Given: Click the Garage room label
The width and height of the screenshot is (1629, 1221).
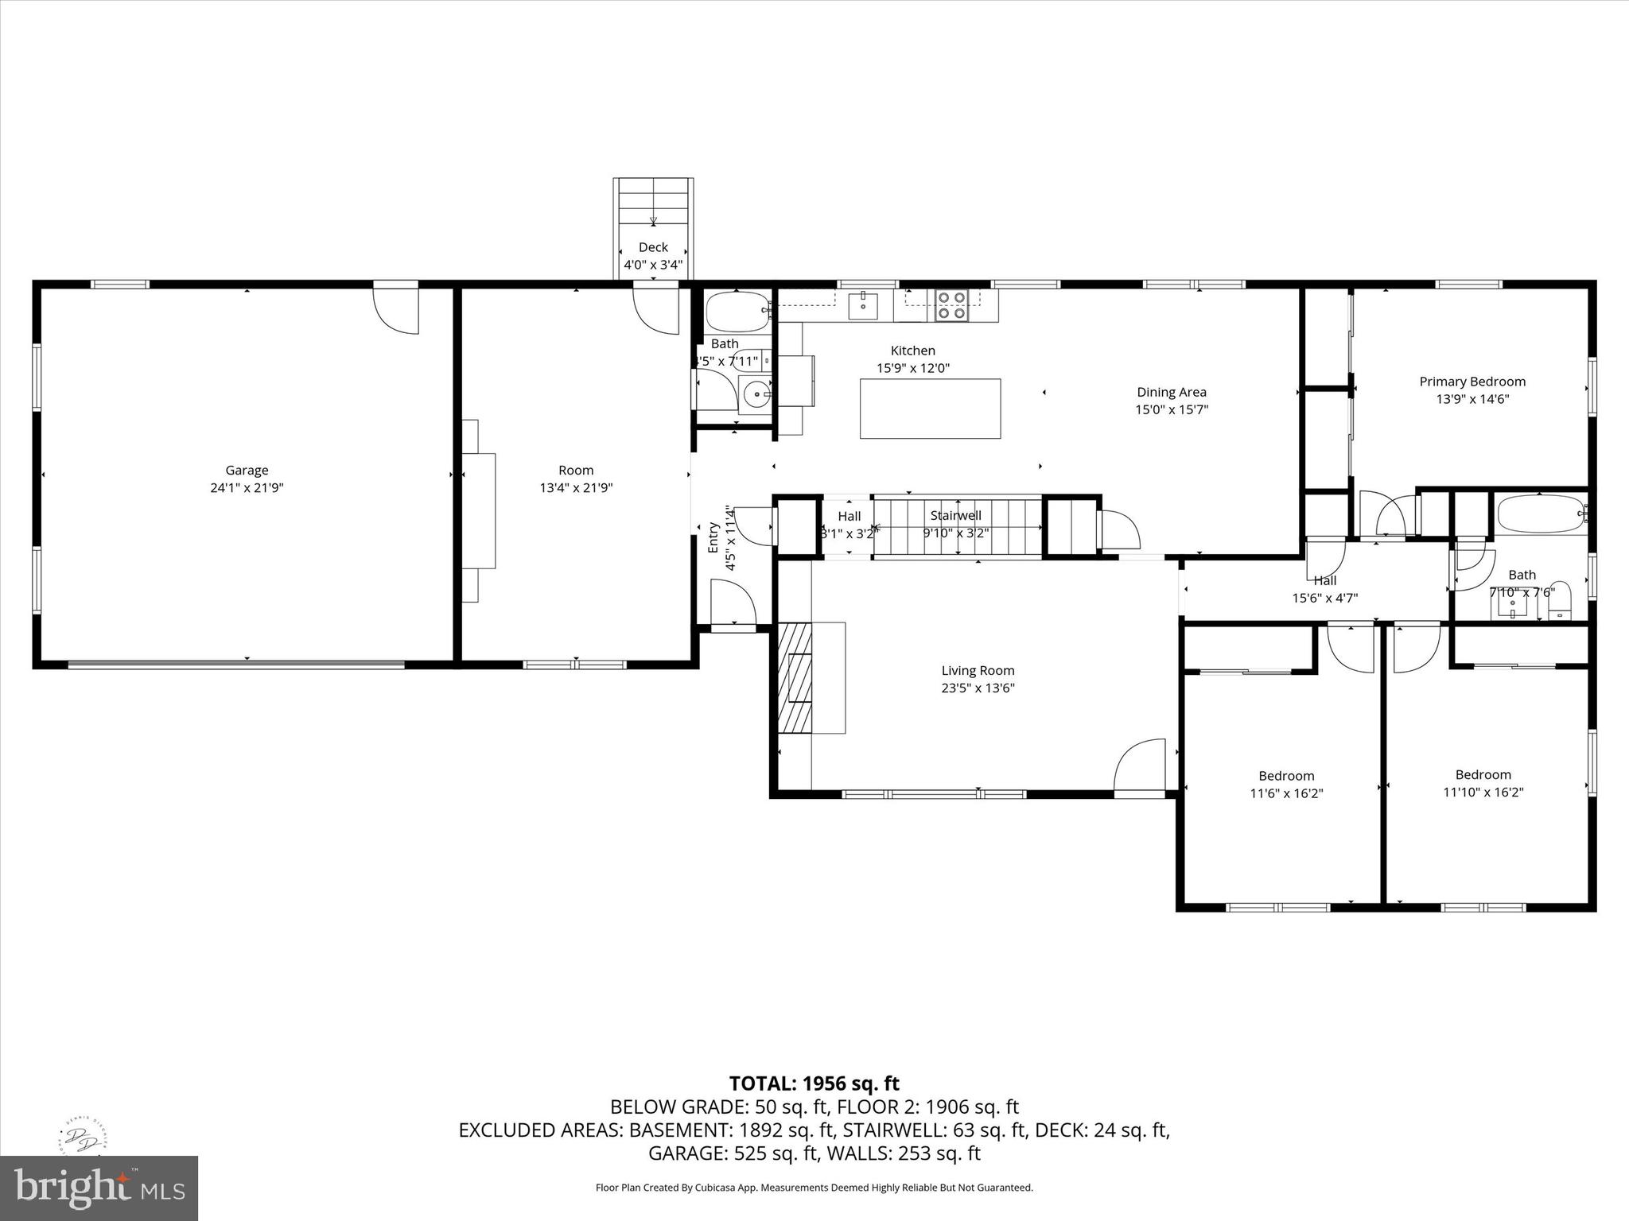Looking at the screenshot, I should coord(247,471).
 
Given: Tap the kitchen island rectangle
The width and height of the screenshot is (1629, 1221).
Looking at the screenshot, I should coord(930,409).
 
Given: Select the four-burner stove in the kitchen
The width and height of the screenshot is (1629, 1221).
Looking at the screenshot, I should coord(951,305).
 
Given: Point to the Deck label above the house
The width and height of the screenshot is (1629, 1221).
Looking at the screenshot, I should coord(653,247).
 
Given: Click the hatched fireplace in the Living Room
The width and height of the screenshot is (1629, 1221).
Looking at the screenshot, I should coord(795,677).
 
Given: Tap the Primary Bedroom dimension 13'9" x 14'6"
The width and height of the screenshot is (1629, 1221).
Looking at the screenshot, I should coord(1472,399).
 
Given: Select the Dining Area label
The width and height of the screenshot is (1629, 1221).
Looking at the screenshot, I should coord(1171,392).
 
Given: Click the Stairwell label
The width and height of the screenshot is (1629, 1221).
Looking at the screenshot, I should coord(955,516).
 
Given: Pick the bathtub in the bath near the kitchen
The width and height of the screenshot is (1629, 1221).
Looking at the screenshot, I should coord(737,312).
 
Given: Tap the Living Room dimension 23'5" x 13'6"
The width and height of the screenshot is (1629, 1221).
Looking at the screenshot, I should coord(978,688).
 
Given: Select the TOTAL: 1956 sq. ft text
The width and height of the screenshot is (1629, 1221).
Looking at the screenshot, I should coord(814,1083).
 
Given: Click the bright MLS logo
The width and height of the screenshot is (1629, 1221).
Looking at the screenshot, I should coord(99,1188).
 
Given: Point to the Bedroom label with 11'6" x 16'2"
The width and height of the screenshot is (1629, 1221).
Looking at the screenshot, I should coord(1286,776).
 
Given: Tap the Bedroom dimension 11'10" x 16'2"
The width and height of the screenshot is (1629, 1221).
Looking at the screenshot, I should coord(1483,793).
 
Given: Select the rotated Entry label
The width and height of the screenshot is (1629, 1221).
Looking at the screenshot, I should coord(713,537).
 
